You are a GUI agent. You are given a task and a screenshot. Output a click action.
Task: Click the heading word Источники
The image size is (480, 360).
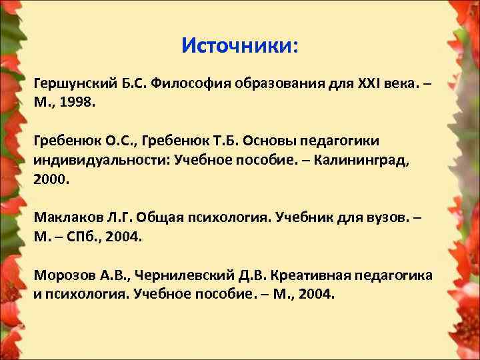pos(239,46)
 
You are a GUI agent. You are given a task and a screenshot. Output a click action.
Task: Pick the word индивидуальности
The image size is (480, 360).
pos(101,161)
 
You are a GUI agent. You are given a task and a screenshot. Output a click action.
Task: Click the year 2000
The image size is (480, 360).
pos(51,180)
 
